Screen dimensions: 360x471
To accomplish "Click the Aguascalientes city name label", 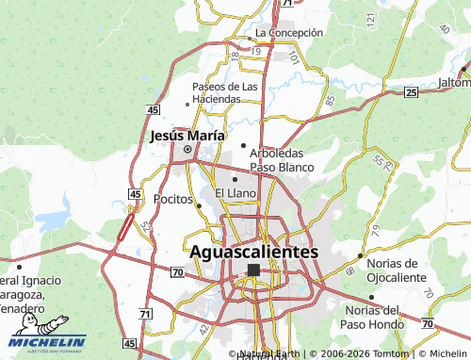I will [254, 252].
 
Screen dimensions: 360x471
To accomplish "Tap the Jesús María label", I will [187, 136].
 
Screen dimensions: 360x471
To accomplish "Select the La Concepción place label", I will [289, 32].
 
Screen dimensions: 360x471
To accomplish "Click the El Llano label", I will [235, 193].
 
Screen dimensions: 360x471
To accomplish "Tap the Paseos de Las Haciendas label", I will [225, 93].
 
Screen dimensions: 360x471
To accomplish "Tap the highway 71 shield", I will [144, 313].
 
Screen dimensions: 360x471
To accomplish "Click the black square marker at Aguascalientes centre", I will [252, 270].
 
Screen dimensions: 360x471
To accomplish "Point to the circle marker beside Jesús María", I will [187, 149].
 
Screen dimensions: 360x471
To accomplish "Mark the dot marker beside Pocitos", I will [199, 202].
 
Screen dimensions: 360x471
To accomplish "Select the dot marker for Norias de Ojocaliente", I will [360, 255].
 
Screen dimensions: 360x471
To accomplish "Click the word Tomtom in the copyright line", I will [389, 354].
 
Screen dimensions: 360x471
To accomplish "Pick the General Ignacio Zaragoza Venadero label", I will [34, 294].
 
